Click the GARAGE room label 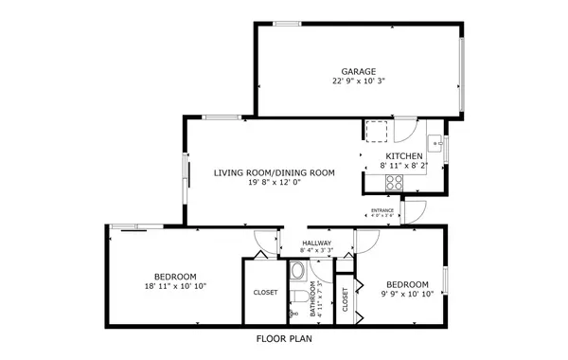[x=359, y=71]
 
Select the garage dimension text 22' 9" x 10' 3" [x=359, y=81]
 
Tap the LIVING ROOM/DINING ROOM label [x=274, y=172]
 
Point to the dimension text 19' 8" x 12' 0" [x=274, y=183]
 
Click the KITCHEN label [x=403, y=155]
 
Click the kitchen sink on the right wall [x=435, y=144]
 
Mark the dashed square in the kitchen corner [x=378, y=132]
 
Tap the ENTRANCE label [x=382, y=210]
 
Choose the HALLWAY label [x=317, y=243]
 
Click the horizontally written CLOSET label [x=265, y=293]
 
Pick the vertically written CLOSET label [x=345, y=300]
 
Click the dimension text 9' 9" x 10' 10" [x=407, y=295]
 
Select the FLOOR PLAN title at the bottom [x=284, y=338]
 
